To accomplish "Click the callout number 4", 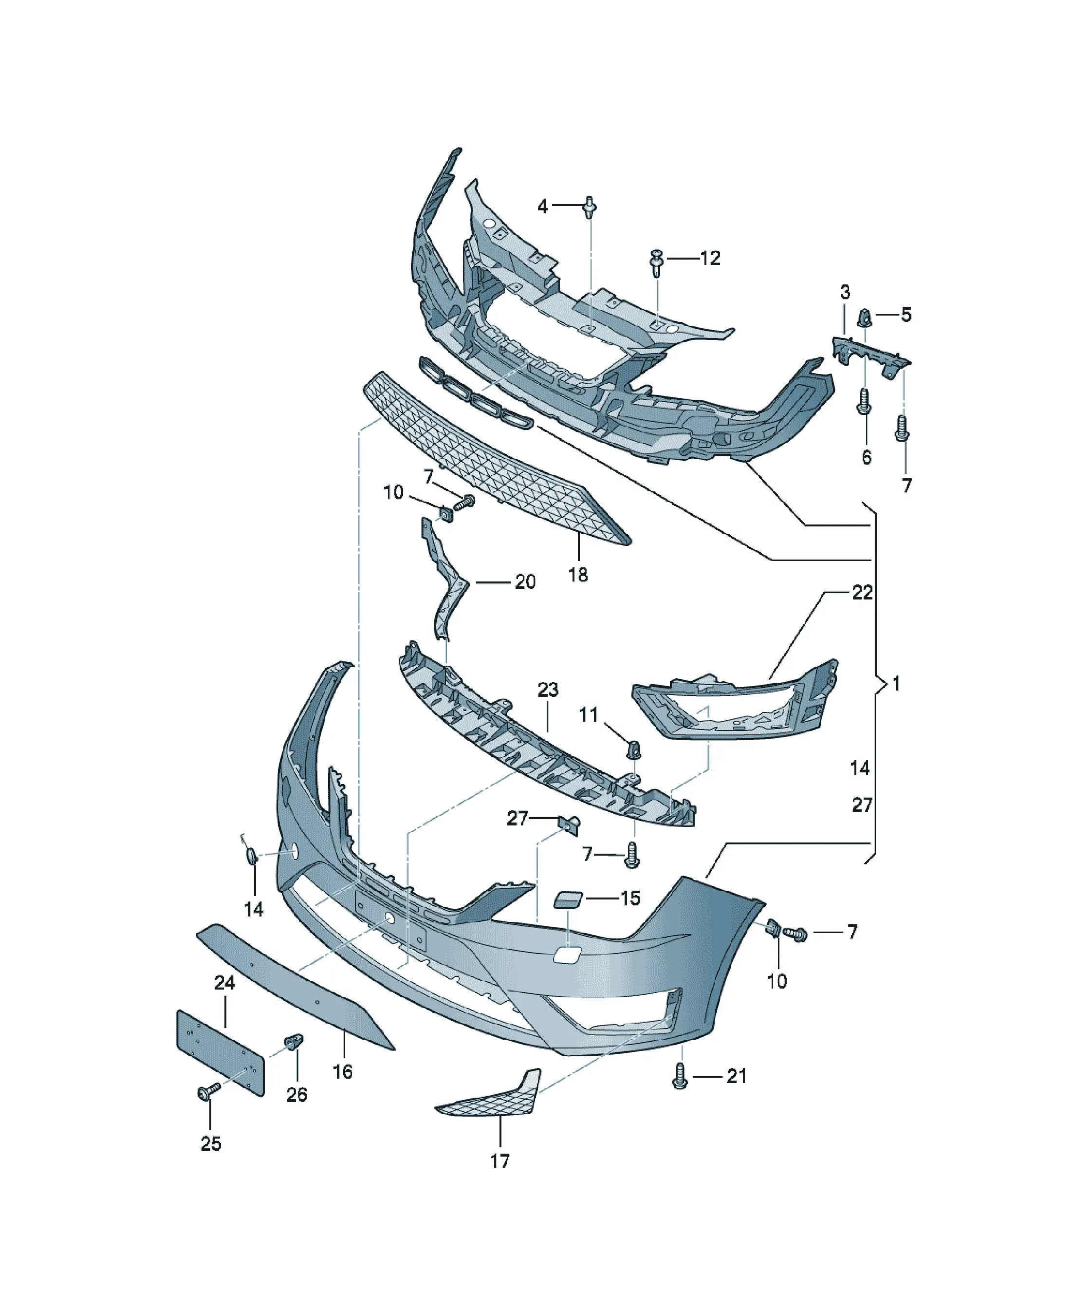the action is tap(542, 206).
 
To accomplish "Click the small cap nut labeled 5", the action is tap(864, 317).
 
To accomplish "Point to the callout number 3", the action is tap(845, 292).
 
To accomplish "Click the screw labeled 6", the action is tap(864, 400).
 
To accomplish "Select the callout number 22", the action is tap(862, 593).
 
